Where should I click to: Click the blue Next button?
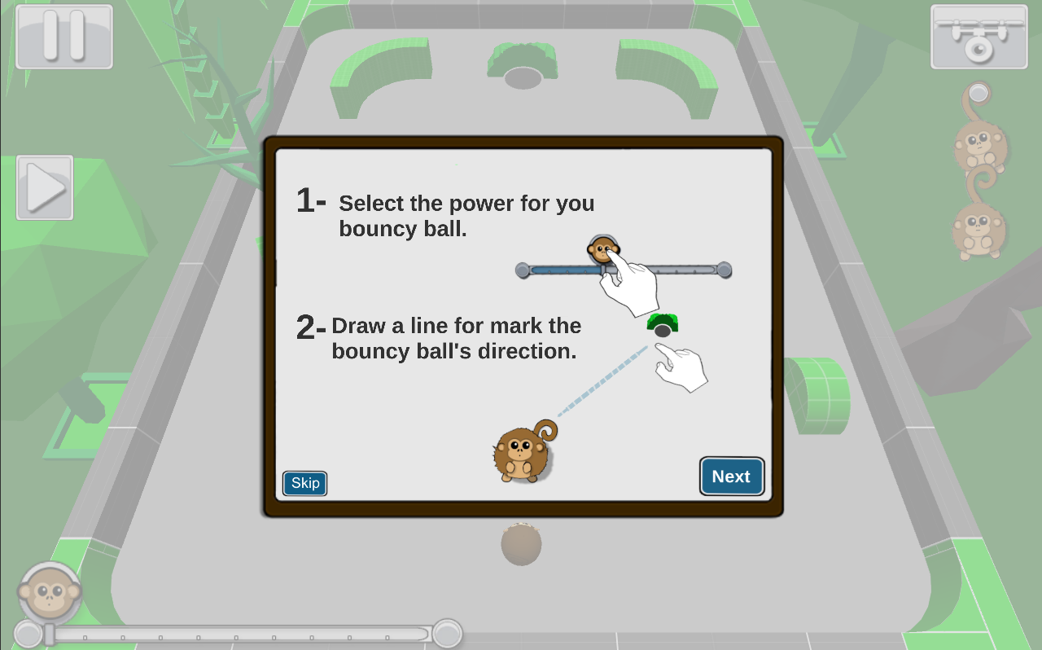pyautogui.click(x=732, y=476)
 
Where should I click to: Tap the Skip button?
pyautogui.click(x=304, y=483)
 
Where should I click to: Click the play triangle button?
pyautogui.click(x=45, y=187)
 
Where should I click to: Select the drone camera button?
pyautogui.click(x=979, y=37)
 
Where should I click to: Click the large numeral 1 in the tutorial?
pyautogui.click(x=305, y=200)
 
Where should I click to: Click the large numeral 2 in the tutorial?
pyautogui.click(x=305, y=327)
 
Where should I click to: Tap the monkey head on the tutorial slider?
pyautogui.click(x=603, y=248)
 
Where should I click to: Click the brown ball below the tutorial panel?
pyautogui.click(x=522, y=544)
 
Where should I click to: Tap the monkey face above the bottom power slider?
pyautogui.click(x=50, y=593)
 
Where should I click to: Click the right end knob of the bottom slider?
pyautogui.click(x=447, y=633)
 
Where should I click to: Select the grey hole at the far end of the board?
pyautogui.click(x=523, y=77)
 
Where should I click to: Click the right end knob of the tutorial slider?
pyautogui.click(x=724, y=270)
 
